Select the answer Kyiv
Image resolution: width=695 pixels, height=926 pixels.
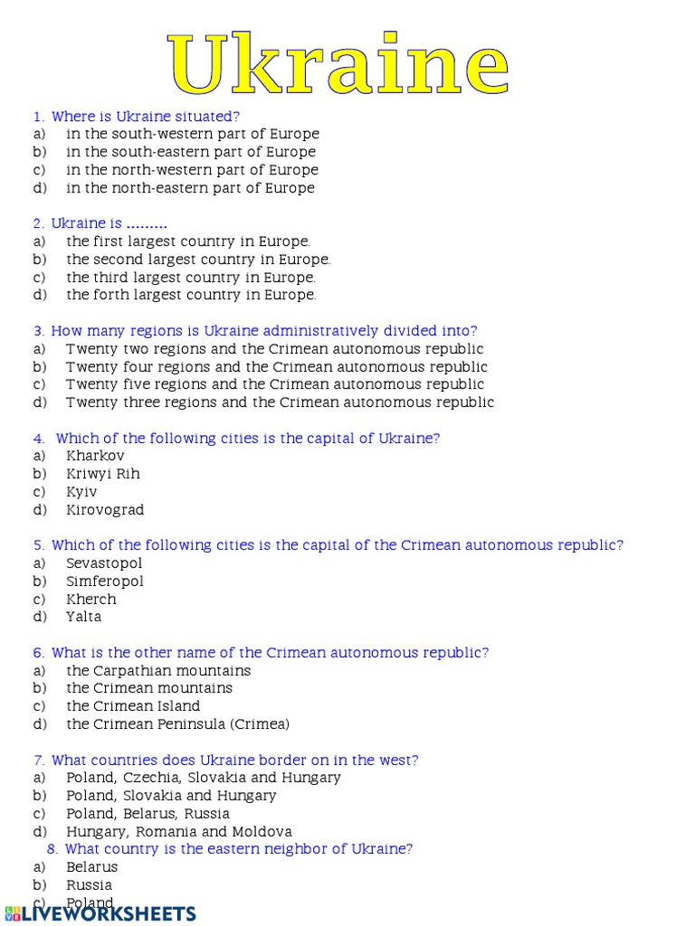pos(81,492)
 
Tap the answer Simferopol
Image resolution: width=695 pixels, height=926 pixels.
pos(105,581)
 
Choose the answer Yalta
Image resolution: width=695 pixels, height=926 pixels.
pos(83,617)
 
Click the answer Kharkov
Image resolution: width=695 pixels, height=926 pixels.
pos(95,456)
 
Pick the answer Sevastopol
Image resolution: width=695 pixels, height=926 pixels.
pos(104,563)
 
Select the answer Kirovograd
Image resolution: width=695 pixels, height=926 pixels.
pos(105,510)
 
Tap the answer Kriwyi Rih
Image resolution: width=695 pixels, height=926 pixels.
pos(103,474)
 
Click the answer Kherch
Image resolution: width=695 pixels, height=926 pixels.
pos(91,600)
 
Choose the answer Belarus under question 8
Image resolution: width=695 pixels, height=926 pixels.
pos(92,867)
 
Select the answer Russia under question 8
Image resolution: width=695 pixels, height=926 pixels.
pos(90,885)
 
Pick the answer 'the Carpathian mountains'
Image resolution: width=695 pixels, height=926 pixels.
pos(158,671)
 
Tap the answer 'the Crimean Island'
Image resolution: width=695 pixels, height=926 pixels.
pos(133,706)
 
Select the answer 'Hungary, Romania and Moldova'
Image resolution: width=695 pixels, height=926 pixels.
pos(179,832)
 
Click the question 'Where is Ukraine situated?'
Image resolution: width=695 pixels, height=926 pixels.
pos(146,117)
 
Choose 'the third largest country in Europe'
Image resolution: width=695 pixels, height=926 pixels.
pos(191,278)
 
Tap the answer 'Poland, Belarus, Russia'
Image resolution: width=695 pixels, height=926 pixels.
pos(148,814)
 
